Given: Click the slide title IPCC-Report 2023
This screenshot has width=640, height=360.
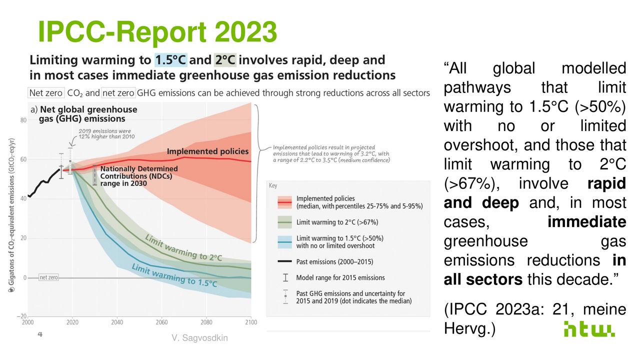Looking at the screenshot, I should (x=157, y=31).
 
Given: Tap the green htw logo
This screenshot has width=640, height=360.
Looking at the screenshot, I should (x=589, y=328).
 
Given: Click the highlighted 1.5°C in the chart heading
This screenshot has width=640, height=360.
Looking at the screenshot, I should (x=170, y=60).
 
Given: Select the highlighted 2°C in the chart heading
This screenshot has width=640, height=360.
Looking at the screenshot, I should (x=224, y=60).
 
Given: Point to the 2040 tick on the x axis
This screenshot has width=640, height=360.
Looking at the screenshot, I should (x=116, y=322).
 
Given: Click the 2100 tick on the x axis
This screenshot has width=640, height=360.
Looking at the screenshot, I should (x=250, y=322).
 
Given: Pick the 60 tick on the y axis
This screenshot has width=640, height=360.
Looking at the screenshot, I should (x=23, y=159).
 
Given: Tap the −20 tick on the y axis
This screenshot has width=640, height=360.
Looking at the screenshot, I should (x=22, y=316).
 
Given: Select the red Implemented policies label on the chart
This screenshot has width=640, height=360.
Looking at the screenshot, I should (x=207, y=151).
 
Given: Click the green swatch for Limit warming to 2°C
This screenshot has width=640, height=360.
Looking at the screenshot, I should (x=284, y=222).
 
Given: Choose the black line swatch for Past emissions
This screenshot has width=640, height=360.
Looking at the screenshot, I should (x=284, y=261).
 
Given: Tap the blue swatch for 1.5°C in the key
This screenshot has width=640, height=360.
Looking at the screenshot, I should (x=284, y=241).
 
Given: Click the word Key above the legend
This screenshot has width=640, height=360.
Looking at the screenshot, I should (x=273, y=185).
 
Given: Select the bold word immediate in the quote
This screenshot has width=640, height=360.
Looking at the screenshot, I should (x=586, y=221).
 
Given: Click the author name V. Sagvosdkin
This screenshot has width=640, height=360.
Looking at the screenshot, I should (x=199, y=338).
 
